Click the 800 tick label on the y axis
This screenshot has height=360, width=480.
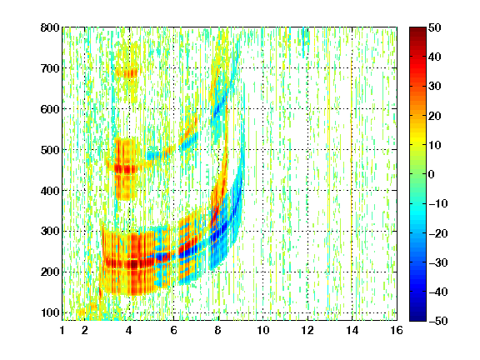pos(50,27)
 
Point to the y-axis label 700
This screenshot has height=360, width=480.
pos(50,68)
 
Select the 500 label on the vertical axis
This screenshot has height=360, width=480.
pos(50,150)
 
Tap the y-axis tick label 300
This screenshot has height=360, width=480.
pos(50,231)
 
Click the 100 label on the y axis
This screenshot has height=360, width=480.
pos(50,312)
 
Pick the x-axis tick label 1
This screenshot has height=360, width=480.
pos(62,330)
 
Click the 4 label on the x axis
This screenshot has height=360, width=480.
pos(129,330)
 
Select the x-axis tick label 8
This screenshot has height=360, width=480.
pos(218,330)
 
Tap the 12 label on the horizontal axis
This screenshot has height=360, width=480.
pos(307,330)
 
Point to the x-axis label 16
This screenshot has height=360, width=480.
pos(397,330)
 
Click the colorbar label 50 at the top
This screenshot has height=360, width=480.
pos(435,27)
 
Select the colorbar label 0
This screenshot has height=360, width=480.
pos(432,174)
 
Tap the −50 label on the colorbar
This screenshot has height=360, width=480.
pos(438,321)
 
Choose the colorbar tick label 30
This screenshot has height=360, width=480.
pos(435,87)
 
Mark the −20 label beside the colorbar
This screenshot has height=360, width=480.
pos(438,233)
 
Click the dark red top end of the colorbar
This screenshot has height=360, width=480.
pos(417,30)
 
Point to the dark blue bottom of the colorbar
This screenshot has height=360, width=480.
pos(417,317)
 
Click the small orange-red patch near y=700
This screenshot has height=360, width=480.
pos(127,72)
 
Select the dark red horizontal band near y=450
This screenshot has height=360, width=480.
pos(126,168)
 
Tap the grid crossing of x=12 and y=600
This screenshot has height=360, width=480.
pos(307,109)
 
